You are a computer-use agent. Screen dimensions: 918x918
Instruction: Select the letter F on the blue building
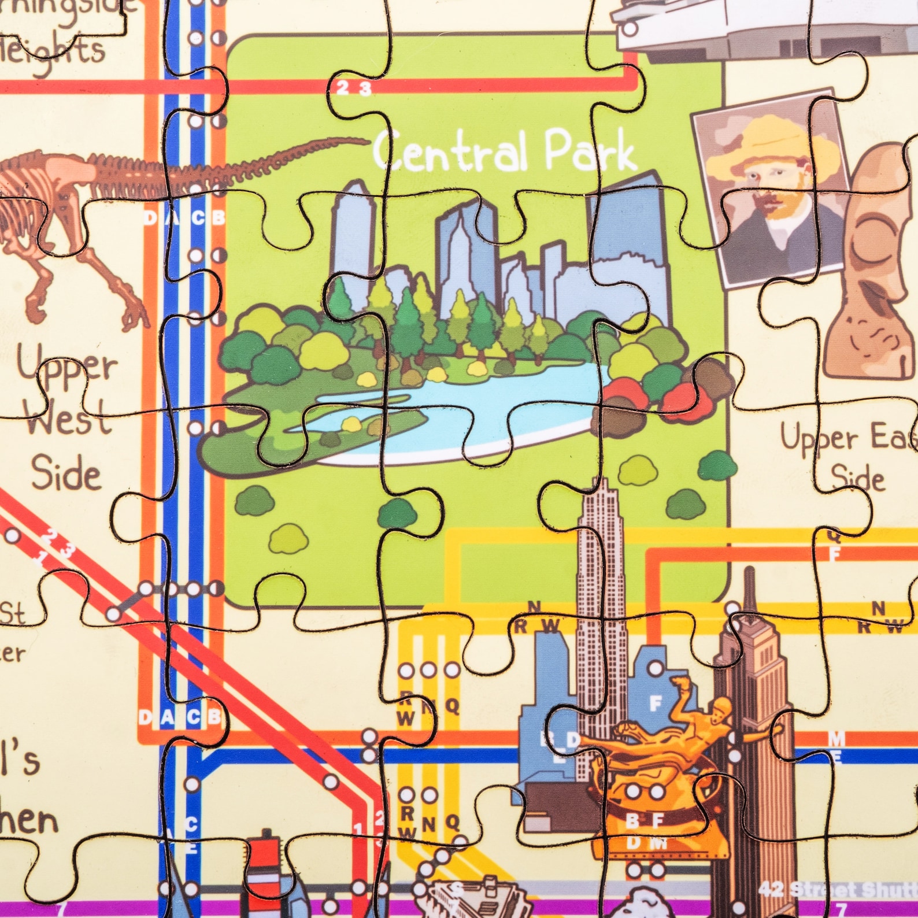pyautogui.click(x=655, y=704)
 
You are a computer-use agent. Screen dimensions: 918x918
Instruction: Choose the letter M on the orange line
pyautogui.click(x=836, y=738)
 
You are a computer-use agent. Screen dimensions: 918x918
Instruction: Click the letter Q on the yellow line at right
pyautogui.click(x=834, y=535)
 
